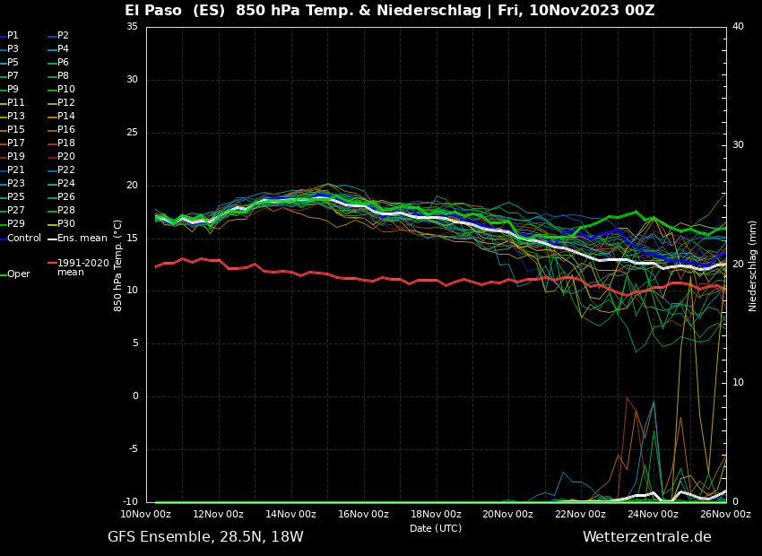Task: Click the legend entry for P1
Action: (13, 35)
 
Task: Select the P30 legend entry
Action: (66, 223)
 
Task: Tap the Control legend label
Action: (24, 238)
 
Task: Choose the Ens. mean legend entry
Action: (82, 238)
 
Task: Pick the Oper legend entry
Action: (19, 274)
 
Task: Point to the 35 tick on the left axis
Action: (132, 27)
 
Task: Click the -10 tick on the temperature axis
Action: (129, 502)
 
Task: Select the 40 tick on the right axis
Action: (738, 27)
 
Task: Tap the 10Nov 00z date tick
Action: (146, 514)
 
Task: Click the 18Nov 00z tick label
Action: (436, 514)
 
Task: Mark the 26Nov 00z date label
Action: (725, 514)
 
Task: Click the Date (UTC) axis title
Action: (436, 528)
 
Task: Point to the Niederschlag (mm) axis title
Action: (752, 265)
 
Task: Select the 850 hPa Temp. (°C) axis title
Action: (117, 265)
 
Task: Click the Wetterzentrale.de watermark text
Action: (646, 537)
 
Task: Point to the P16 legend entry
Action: (66, 129)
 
